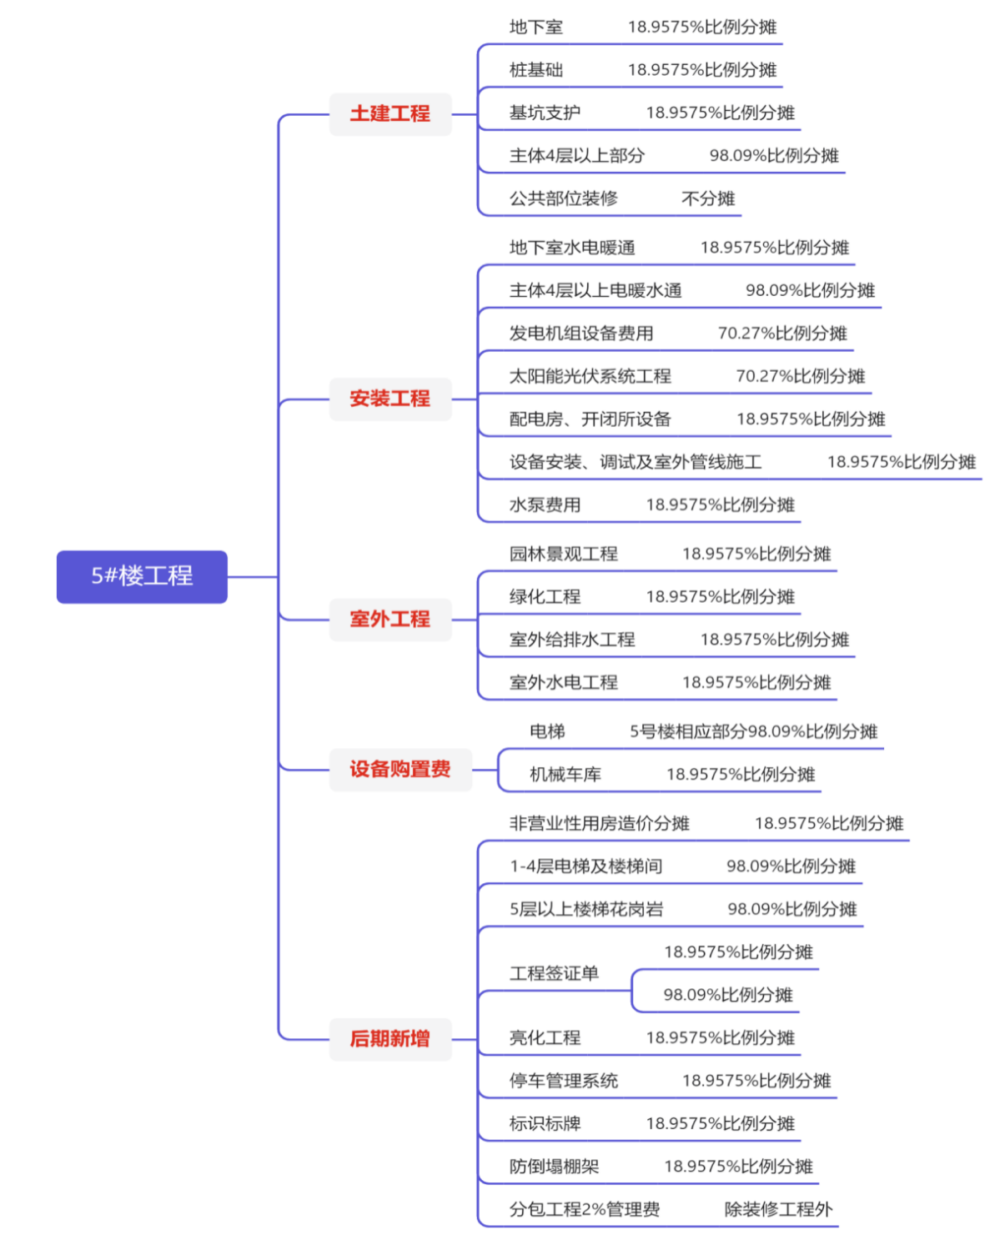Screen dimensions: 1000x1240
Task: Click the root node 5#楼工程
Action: pos(142,576)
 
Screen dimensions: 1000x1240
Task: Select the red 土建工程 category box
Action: pos(390,114)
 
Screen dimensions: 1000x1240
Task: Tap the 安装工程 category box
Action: pos(390,399)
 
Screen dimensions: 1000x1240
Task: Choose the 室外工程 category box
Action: pos(390,620)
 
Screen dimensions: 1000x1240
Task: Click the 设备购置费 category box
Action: pos(400,769)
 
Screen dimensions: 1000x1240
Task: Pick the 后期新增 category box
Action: pos(390,1039)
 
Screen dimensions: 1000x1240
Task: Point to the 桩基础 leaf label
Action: pos(536,70)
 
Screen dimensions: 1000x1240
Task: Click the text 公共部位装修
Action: pos(564,198)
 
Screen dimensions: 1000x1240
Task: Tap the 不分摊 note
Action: pos(708,198)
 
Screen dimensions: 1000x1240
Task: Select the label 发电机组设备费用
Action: pos(581,333)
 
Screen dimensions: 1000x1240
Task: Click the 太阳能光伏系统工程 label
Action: pos(590,376)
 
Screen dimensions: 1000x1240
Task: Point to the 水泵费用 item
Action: pos(545,505)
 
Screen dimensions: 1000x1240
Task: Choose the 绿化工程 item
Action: pos(545,596)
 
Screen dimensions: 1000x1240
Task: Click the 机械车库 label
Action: pos(565,775)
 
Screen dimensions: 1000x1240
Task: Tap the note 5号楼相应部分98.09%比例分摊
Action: pos(753,732)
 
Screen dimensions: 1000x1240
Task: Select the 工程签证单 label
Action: pos(554,974)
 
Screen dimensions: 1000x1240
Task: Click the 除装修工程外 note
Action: pos(779,1209)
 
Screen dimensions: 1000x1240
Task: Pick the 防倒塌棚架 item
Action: pos(554,1167)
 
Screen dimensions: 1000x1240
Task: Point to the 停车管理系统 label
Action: pos(564,1081)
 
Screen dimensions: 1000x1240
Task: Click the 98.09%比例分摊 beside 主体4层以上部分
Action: pos(774,156)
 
